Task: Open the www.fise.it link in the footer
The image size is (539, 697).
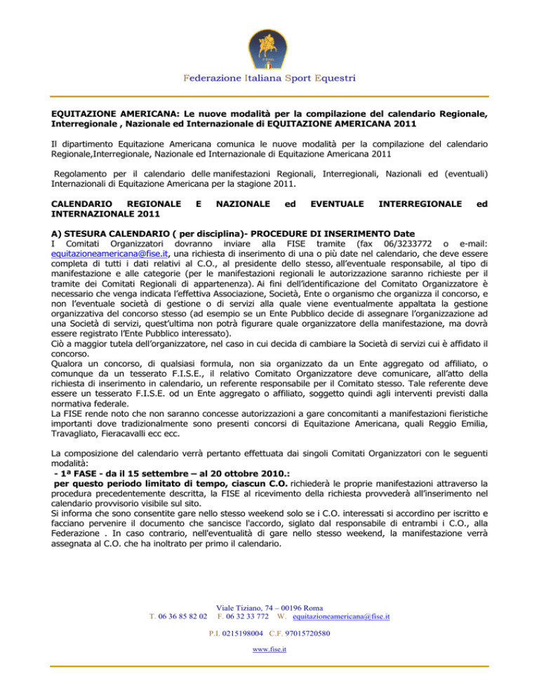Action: (269, 649)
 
